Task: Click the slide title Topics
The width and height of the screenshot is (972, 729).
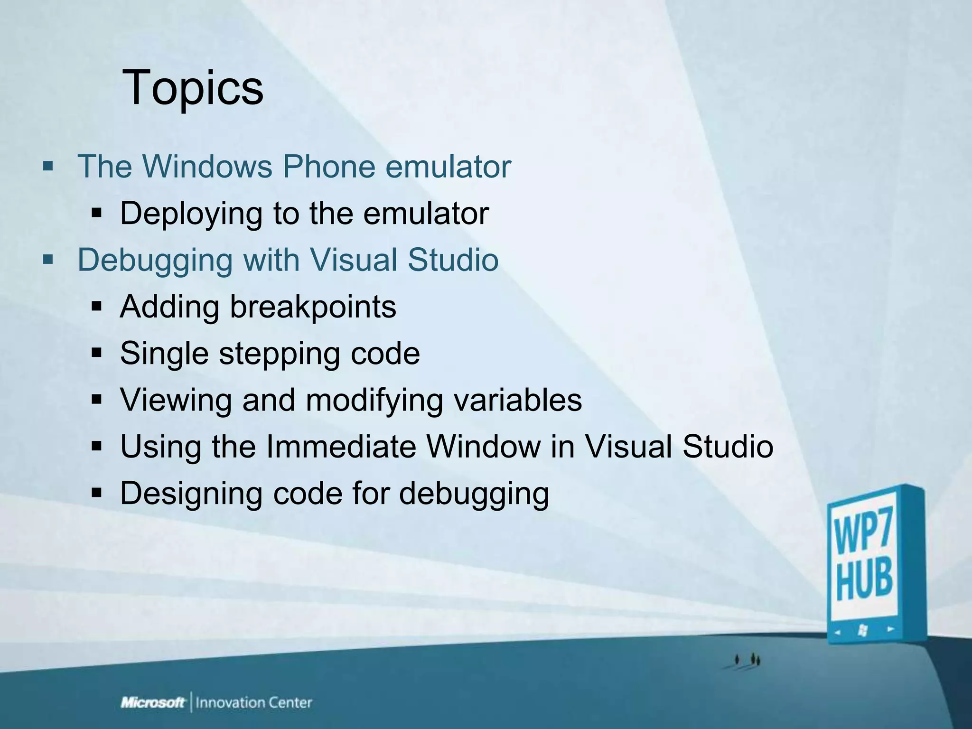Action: pos(193,88)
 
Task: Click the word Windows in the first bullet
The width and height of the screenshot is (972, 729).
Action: pos(208,167)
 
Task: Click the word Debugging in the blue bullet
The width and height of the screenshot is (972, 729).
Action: pos(155,260)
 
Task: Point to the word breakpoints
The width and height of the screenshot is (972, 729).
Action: pos(313,307)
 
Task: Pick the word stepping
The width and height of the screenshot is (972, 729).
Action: pos(279,354)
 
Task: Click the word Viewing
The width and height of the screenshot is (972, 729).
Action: pos(176,400)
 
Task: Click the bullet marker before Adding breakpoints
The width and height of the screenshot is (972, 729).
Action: pos(97,307)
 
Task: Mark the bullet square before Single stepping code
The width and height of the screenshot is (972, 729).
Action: pos(97,354)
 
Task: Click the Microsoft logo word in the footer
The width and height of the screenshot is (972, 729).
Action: pos(153,702)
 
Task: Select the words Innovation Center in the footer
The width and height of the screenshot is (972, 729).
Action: pos(254,702)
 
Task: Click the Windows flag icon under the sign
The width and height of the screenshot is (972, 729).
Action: pos(863,631)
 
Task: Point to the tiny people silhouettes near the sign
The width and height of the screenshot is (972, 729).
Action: pos(748,660)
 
